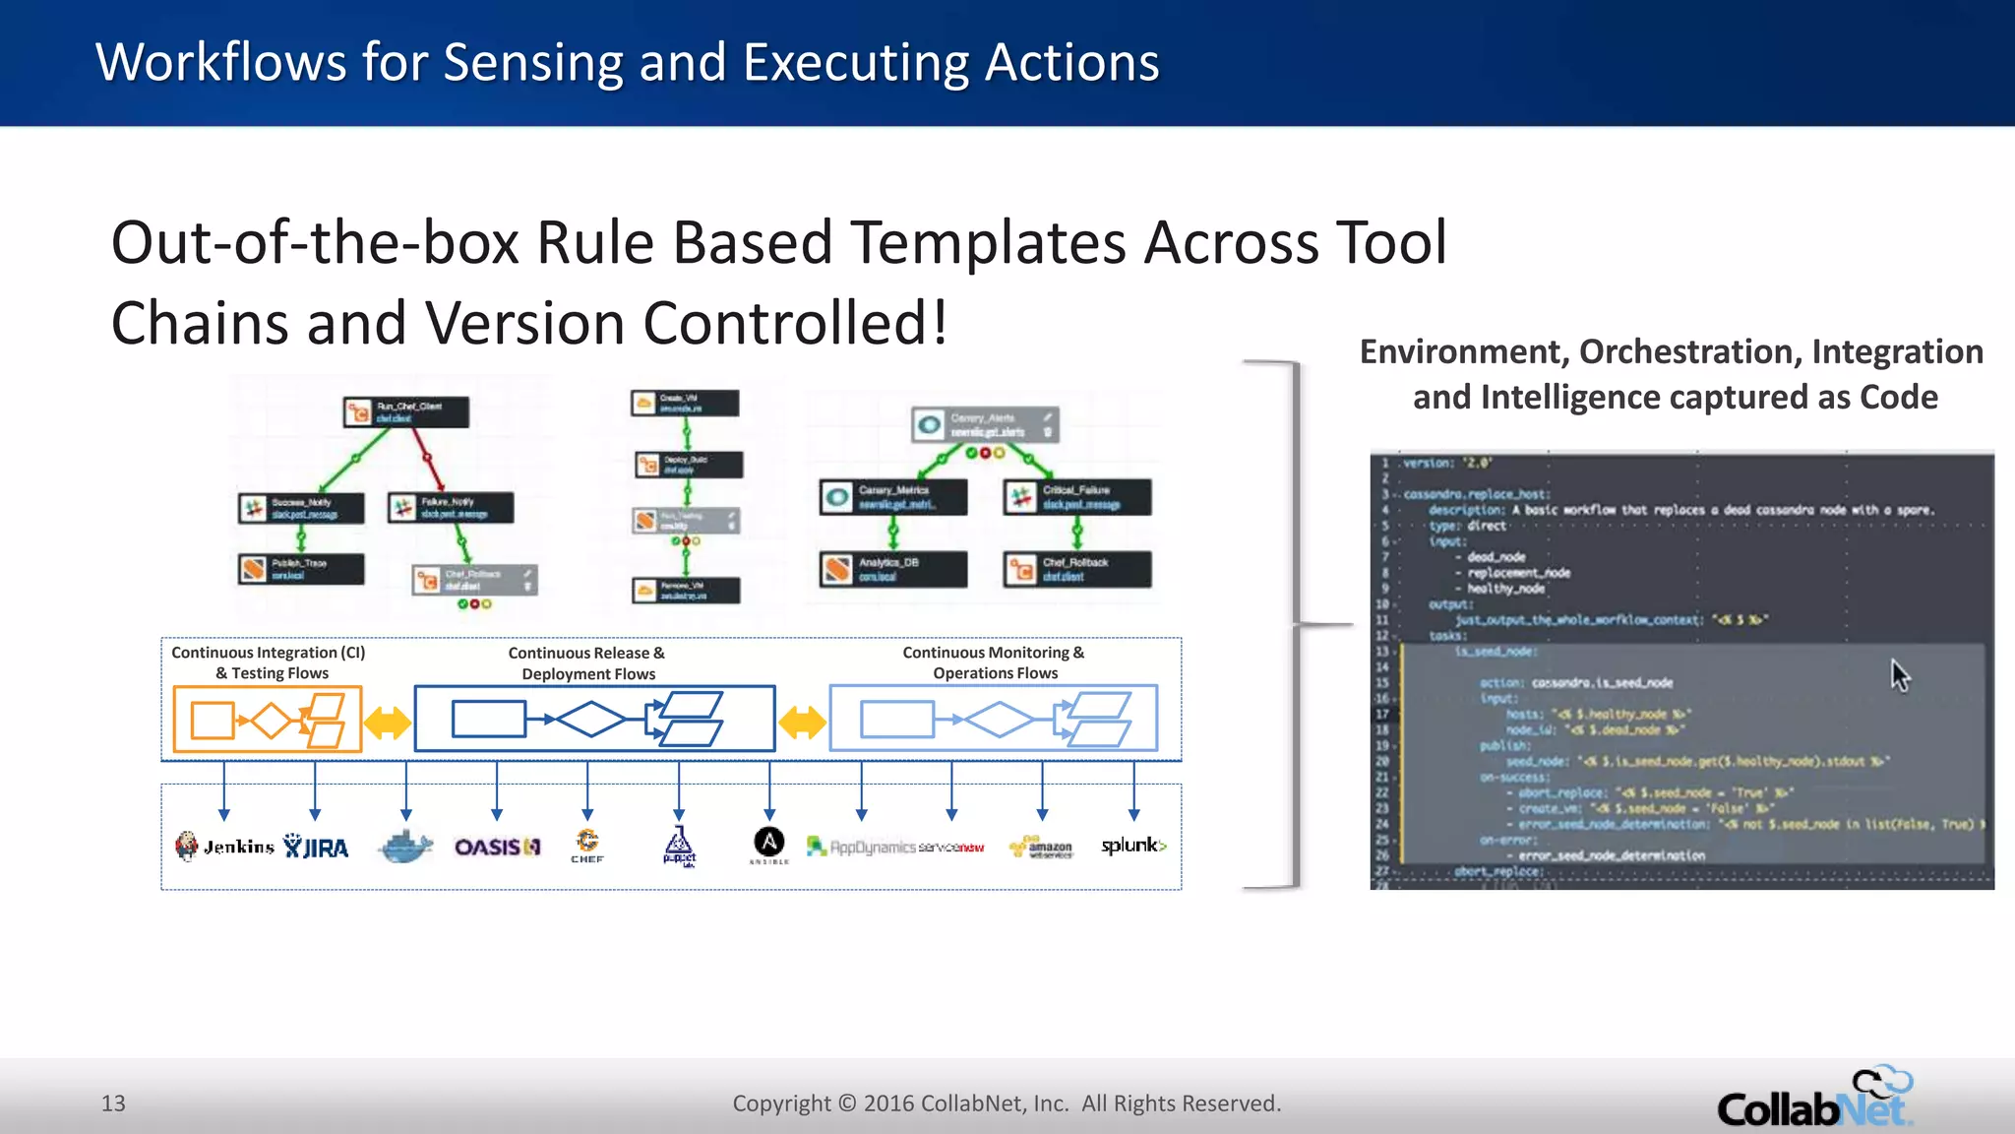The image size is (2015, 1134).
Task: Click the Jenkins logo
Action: (x=224, y=847)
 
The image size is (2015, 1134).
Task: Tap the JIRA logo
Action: (x=316, y=847)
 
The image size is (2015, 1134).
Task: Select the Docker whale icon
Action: (x=405, y=846)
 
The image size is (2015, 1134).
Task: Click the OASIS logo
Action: (x=497, y=847)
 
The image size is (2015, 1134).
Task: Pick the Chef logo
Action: (x=587, y=845)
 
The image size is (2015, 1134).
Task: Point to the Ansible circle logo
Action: (x=769, y=844)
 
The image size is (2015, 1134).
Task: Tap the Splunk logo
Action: (x=1133, y=846)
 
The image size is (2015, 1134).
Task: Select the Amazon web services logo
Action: (x=1042, y=848)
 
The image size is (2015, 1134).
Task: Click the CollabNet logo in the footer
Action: (x=1815, y=1099)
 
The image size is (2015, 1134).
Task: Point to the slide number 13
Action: (x=113, y=1103)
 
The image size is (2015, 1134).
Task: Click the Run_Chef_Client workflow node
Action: (x=405, y=411)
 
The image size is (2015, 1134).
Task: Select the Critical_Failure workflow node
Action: (x=1077, y=497)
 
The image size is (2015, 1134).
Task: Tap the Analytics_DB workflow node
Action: (x=893, y=569)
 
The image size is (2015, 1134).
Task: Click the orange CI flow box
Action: (x=268, y=720)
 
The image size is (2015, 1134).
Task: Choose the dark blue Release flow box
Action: (x=595, y=720)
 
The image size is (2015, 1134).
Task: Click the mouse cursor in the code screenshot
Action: (x=1899, y=675)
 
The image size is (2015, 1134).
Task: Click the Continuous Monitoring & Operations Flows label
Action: (x=994, y=662)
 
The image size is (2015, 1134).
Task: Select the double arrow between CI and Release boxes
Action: (x=388, y=723)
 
